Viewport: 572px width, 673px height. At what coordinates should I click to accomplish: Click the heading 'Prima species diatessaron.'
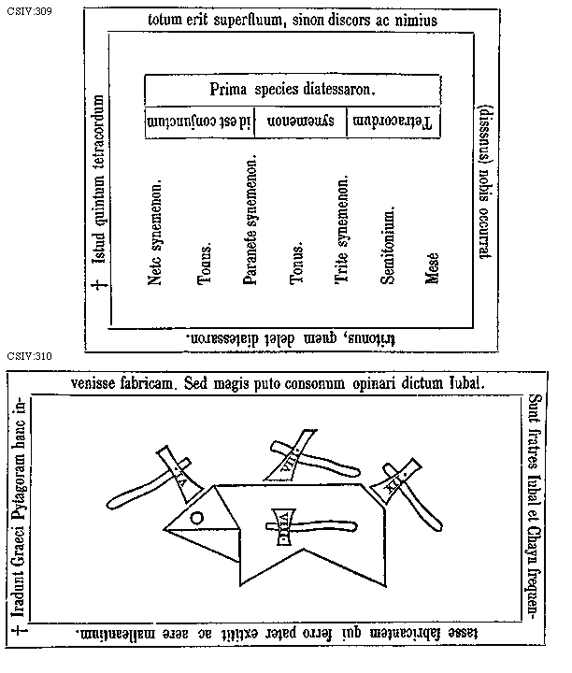pyautogui.click(x=293, y=90)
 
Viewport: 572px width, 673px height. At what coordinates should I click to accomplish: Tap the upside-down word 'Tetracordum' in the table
pyautogui.click(x=393, y=122)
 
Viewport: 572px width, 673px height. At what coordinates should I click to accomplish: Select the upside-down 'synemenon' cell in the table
pyautogui.click(x=299, y=122)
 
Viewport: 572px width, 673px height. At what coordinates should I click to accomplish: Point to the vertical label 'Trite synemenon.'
pyautogui.click(x=342, y=230)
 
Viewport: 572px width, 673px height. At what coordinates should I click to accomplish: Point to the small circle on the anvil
pyautogui.click(x=197, y=518)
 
